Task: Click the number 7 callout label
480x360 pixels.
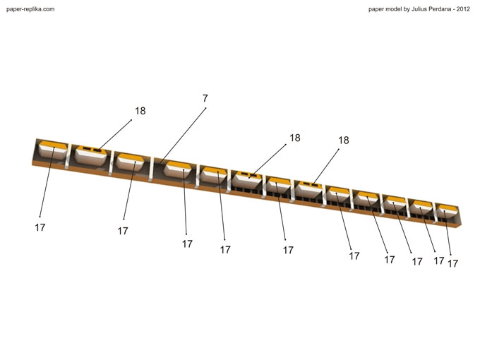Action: pyautogui.click(x=205, y=98)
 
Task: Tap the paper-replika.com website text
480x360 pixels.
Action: pyautogui.click(x=30, y=9)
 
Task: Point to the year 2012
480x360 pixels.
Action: pyautogui.click(x=463, y=9)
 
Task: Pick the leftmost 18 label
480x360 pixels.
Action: pyautogui.click(x=140, y=111)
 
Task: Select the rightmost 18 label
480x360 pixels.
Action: pyautogui.click(x=344, y=140)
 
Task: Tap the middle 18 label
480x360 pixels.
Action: pyautogui.click(x=295, y=138)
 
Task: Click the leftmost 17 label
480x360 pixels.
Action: pyautogui.click(x=40, y=227)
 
